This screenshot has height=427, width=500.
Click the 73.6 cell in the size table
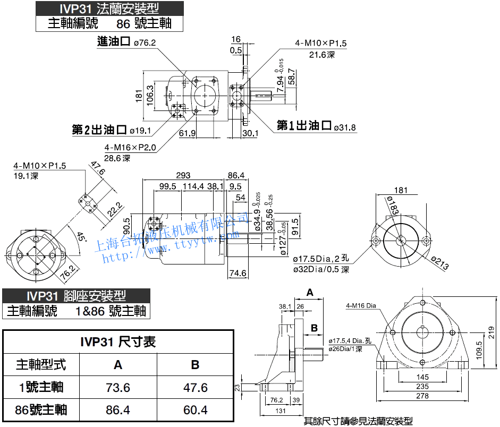click(x=118, y=387)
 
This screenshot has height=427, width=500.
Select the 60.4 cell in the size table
click(x=195, y=410)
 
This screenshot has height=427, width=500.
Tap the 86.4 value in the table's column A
click(x=118, y=410)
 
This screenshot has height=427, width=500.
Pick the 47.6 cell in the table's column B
click(x=195, y=387)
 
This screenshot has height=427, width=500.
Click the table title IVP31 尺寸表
click(x=118, y=341)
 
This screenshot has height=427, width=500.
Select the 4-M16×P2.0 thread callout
click(x=130, y=148)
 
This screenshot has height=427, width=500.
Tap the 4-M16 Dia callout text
click(x=361, y=305)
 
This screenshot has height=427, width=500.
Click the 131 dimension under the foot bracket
click(x=281, y=411)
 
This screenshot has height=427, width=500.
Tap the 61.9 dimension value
click(x=188, y=133)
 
